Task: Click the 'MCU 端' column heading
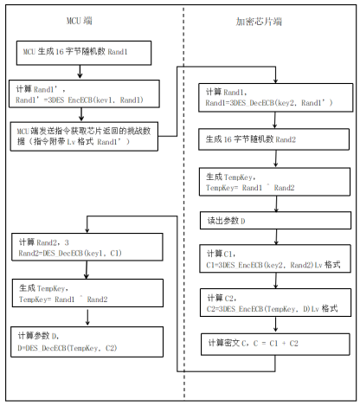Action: click(x=80, y=21)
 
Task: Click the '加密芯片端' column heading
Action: click(x=259, y=22)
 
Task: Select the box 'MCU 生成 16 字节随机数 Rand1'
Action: click(x=84, y=53)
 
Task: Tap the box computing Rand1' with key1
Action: click(x=84, y=93)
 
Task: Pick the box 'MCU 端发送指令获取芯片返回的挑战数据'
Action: click(x=84, y=137)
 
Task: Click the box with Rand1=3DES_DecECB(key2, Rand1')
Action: click(x=275, y=98)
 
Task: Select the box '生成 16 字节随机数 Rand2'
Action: click(x=273, y=139)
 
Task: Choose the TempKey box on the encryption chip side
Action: click(x=274, y=182)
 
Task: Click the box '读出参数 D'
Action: click(x=275, y=221)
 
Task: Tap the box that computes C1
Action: click(x=275, y=259)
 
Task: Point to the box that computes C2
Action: click(x=275, y=302)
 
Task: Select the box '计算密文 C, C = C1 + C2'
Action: click(x=275, y=345)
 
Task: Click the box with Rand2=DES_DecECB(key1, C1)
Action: click(x=87, y=247)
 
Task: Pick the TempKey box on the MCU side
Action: click(x=87, y=293)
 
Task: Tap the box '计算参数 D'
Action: click(x=87, y=342)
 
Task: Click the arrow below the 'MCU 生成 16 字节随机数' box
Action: click(x=80, y=72)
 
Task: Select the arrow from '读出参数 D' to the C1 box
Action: click(x=276, y=237)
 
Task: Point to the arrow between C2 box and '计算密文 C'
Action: click(x=276, y=324)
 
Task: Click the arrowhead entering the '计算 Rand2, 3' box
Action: click(x=87, y=230)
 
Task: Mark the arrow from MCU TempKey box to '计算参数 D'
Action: click(x=87, y=317)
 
